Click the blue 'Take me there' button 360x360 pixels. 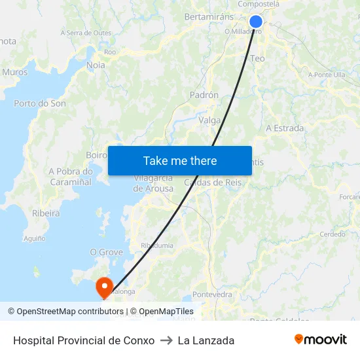(x=180, y=160)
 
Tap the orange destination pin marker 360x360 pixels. (x=104, y=287)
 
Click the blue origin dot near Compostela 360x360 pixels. (x=256, y=22)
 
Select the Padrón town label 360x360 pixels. (x=204, y=95)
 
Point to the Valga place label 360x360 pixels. (x=209, y=120)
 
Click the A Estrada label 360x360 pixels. (x=285, y=128)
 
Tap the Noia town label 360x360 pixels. (x=96, y=65)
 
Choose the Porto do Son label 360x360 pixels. (x=40, y=103)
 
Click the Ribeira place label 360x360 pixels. (x=46, y=213)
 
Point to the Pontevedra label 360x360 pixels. (x=213, y=295)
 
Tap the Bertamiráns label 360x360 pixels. (x=209, y=16)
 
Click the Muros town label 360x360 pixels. (x=15, y=73)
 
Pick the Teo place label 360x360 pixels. (x=258, y=58)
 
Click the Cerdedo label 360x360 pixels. (x=332, y=234)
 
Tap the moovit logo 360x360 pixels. (x=321, y=340)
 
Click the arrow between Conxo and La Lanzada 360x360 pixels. (x=166, y=340)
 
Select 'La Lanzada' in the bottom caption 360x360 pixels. (x=206, y=340)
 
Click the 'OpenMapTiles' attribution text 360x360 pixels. (x=166, y=312)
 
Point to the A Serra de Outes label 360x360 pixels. (x=86, y=33)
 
